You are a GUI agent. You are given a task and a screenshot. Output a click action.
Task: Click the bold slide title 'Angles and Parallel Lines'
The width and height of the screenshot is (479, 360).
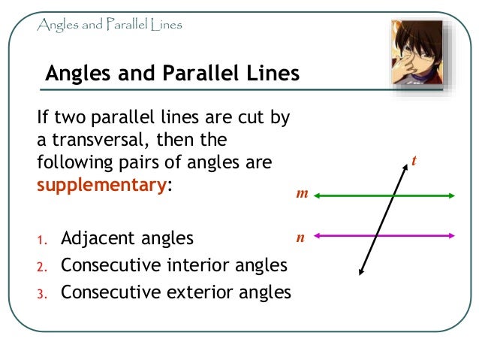[172, 74]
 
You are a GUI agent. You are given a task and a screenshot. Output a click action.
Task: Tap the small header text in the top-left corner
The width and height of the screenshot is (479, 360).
[110, 25]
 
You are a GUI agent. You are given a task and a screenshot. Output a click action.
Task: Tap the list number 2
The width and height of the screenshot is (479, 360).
[42, 267]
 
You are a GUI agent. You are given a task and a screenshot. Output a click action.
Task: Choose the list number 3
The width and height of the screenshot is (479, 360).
[42, 293]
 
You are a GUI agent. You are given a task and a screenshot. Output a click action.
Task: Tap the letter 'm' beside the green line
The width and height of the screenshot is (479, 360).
[302, 194]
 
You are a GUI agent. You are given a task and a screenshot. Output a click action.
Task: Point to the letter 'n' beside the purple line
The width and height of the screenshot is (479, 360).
[300, 237]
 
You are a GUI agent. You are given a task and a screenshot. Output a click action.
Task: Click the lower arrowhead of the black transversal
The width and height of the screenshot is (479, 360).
[361, 272]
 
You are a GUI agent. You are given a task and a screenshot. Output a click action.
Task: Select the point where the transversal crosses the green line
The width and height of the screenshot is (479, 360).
[393, 196]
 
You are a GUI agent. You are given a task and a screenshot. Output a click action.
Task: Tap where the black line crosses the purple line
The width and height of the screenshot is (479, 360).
[377, 235]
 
